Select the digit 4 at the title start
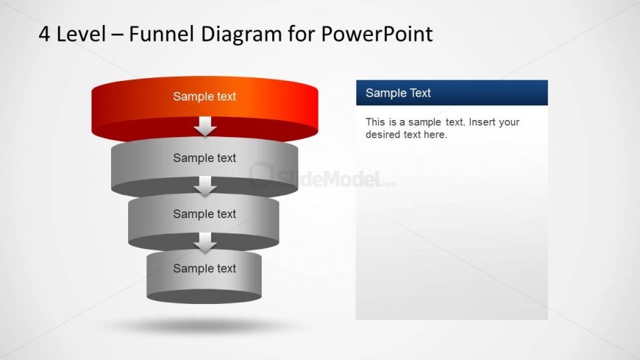point(45,34)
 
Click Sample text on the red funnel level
point(205,96)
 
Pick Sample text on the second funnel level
point(205,158)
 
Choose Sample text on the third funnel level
point(205,214)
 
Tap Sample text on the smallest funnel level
point(205,269)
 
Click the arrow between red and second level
point(205,127)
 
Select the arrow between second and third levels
point(205,187)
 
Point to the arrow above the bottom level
point(205,243)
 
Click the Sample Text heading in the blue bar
point(398,93)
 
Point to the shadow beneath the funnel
point(205,325)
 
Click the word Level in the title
point(82,34)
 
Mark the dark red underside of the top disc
point(147,132)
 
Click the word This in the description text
point(375,122)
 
